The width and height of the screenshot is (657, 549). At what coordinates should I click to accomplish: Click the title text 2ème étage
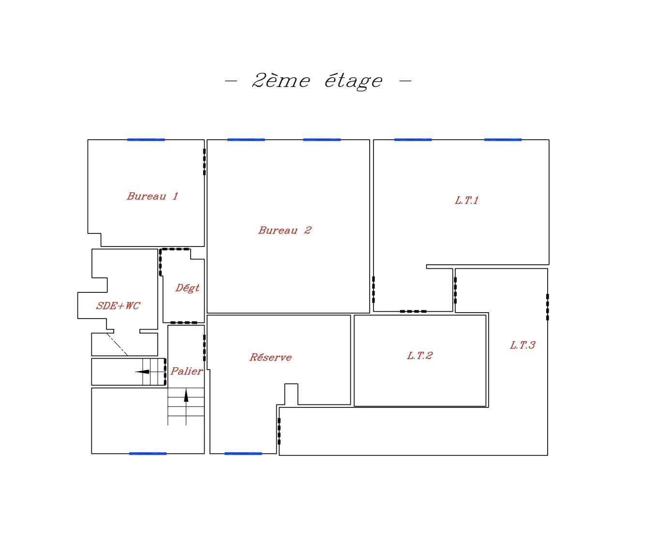pos(317,81)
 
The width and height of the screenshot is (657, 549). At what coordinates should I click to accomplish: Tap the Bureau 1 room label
pos(152,196)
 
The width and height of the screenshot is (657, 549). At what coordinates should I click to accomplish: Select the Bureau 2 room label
pos(285,231)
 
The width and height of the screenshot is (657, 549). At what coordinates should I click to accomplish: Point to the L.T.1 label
pos(466,201)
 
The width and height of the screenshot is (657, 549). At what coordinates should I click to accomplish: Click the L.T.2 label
pos(420,356)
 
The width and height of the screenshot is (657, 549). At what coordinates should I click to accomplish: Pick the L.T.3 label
pos(523,345)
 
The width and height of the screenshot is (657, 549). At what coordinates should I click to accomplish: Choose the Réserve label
pos(270,357)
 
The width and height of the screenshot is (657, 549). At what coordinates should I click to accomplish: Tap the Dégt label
pos(187,288)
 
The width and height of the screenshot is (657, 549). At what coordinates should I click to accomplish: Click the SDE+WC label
pos(118,306)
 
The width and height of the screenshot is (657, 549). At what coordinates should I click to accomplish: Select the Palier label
pos(187,371)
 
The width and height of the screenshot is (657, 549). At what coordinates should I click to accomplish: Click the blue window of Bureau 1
pos(146,140)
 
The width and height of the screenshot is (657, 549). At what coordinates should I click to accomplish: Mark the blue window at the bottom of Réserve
pos(243,453)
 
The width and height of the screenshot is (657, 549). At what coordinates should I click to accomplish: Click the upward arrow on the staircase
pos(186,406)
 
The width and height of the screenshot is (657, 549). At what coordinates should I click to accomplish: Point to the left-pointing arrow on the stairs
pos(150,372)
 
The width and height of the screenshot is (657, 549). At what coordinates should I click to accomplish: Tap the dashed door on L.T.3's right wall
pos(548,307)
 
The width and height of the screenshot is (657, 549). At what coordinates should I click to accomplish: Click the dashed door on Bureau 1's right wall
pos(204,162)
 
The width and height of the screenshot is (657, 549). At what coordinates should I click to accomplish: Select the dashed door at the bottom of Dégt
pos(184,323)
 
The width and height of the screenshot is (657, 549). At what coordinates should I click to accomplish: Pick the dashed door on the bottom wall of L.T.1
pos(413,311)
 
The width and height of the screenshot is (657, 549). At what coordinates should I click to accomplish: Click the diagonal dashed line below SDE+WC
pos(117,345)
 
